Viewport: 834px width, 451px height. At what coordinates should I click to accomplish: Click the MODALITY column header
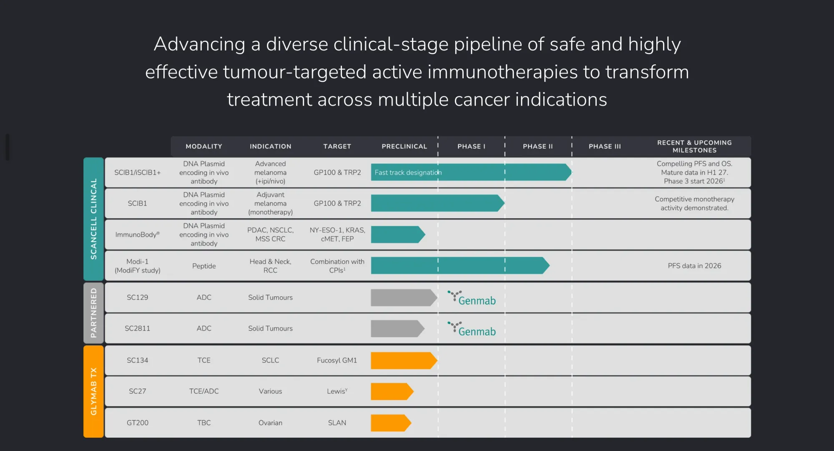pyautogui.click(x=204, y=146)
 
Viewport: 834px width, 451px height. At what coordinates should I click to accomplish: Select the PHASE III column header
pyautogui.click(x=605, y=146)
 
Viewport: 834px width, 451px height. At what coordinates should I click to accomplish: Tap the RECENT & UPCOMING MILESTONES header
pyautogui.click(x=694, y=146)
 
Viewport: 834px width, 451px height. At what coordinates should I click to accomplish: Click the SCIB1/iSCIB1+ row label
pyautogui.click(x=138, y=172)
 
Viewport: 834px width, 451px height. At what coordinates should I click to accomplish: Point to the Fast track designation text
pyautogui.click(x=408, y=172)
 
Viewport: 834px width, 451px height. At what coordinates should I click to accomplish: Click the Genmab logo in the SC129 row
pyautogui.click(x=472, y=298)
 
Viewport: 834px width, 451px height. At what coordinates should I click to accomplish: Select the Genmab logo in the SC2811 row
pyautogui.click(x=472, y=329)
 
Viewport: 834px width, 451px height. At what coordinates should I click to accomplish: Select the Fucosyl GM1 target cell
pyautogui.click(x=337, y=360)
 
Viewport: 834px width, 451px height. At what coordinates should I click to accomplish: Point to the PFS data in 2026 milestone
pyautogui.click(x=694, y=266)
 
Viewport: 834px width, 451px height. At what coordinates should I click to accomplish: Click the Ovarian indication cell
pyautogui.click(x=270, y=423)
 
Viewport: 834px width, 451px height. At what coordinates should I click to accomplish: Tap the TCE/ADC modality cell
pyautogui.click(x=204, y=391)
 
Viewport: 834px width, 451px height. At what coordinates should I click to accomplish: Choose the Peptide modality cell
pyautogui.click(x=204, y=266)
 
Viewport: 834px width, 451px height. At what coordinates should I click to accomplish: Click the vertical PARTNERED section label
pyautogui.click(x=93, y=313)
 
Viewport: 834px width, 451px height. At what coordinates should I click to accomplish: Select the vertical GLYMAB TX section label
pyautogui.click(x=93, y=391)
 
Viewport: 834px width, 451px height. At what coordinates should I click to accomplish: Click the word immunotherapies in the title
pyautogui.click(x=502, y=72)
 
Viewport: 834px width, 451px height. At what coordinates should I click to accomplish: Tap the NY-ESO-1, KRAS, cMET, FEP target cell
pyautogui.click(x=337, y=234)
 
